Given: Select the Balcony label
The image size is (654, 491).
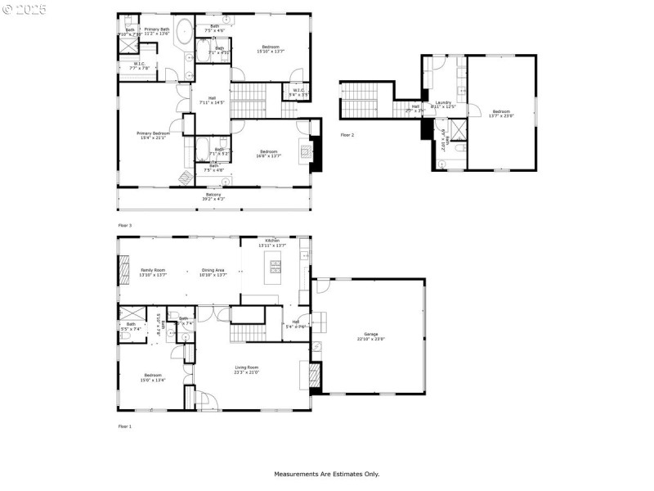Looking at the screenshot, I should click(x=213, y=195).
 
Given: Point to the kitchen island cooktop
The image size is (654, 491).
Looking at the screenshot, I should click(x=275, y=266).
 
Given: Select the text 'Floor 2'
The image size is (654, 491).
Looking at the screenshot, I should click(x=347, y=134).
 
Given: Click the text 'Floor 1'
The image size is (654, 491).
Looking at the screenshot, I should click(x=124, y=426).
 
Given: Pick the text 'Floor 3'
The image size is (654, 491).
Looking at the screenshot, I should click(x=124, y=224).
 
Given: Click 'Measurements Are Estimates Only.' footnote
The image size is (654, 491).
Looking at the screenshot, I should click(x=326, y=474).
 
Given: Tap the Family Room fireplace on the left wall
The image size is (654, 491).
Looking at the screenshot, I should click(x=124, y=267).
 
